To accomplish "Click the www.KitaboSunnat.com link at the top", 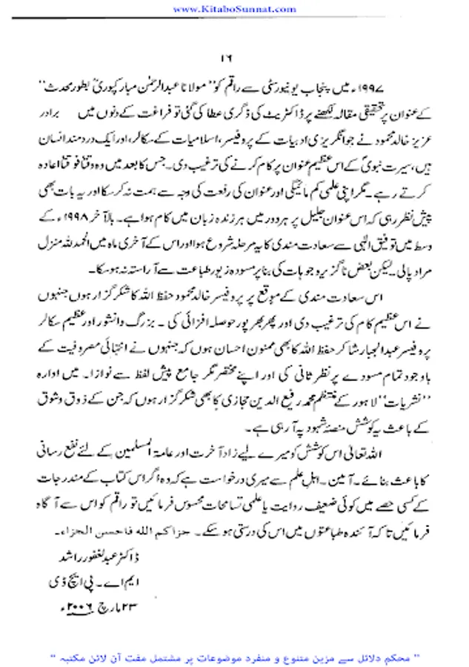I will tap(234, 8).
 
